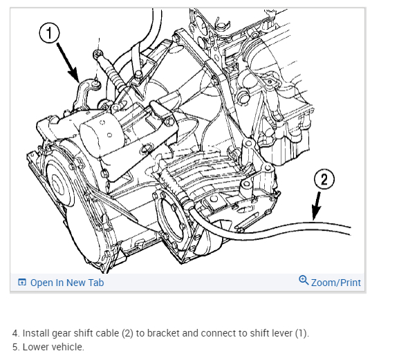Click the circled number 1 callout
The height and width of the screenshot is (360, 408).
[49, 32]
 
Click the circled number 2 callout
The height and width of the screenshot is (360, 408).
[324, 179]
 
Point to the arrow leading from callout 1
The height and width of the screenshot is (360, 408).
[67, 62]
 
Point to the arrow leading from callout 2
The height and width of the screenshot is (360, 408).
[317, 206]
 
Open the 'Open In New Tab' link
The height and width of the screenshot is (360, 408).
[67, 283]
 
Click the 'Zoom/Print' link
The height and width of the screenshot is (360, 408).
[336, 283]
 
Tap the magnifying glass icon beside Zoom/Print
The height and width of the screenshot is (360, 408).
[304, 281]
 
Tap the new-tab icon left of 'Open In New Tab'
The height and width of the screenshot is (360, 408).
[22, 282]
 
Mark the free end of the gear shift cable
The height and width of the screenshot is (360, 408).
[350, 231]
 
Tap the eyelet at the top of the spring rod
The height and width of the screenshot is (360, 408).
[98, 54]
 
